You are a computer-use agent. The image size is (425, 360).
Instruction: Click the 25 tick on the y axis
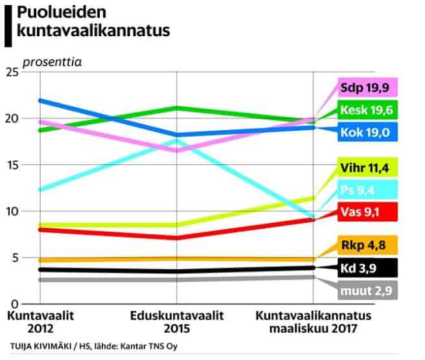pyautogui.click(x=12, y=72)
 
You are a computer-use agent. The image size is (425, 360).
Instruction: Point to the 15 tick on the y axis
pyautogui.click(x=12, y=165)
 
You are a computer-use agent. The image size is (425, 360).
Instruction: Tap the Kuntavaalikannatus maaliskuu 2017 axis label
pyautogui.click(x=314, y=321)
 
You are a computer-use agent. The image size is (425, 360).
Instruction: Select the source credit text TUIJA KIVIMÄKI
pyautogui.click(x=39, y=346)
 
